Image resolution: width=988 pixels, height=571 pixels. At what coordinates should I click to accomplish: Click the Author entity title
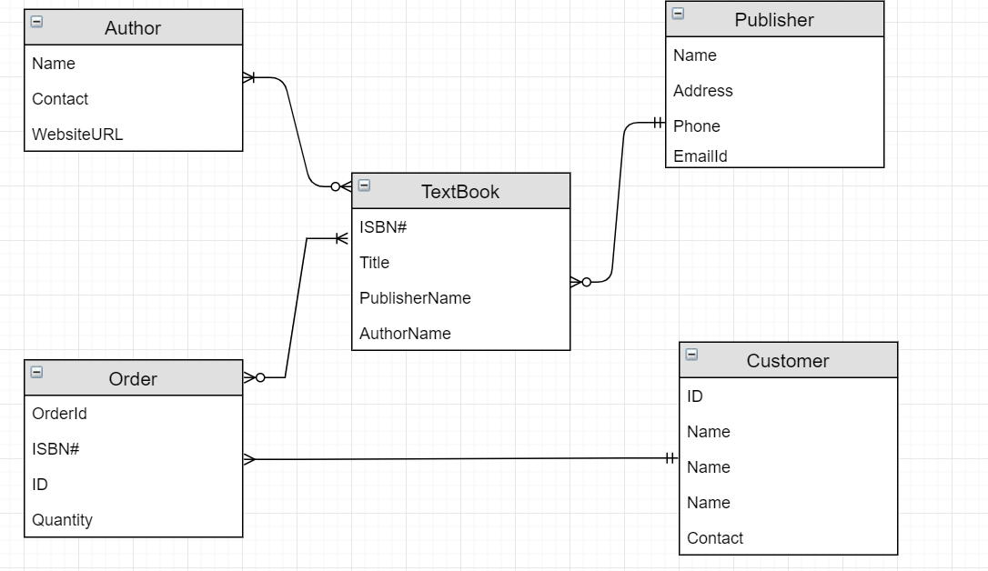click(x=133, y=28)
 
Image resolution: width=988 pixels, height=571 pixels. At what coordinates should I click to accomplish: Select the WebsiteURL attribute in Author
click(x=77, y=135)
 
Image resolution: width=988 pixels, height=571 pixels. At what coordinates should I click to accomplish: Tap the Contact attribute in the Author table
click(x=60, y=99)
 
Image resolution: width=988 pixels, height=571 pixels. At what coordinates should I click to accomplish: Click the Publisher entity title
click(x=774, y=20)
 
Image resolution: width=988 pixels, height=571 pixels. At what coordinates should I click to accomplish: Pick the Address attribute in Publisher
click(x=702, y=91)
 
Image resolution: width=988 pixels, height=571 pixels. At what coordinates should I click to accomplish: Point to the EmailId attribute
click(x=700, y=156)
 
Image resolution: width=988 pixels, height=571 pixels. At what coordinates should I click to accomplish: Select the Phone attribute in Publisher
click(x=696, y=126)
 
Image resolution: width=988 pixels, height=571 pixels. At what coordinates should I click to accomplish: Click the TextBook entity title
click(x=460, y=192)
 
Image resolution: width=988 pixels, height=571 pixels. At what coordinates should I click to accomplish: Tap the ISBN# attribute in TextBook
click(x=382, y=227)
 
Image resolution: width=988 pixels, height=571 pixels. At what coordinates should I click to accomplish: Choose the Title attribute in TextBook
click(x=374, y=263)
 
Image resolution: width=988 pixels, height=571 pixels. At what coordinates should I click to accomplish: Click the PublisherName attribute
click(x=415, y=298)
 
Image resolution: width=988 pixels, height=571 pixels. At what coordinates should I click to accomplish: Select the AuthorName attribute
click(x=405, y=334)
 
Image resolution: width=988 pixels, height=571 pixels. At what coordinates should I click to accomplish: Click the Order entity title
click(x=133, y=379)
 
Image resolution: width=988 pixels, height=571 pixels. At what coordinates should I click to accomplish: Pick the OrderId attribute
click(x=59, y=414)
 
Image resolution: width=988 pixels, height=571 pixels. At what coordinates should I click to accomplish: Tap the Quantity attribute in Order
click(x=62, y=520)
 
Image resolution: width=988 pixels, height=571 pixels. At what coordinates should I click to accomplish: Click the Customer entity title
click(x=788, y=361)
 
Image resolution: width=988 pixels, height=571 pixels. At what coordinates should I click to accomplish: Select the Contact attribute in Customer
click(x=715, y=538)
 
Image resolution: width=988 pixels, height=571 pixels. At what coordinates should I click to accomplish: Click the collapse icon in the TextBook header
click(x=364, y=185)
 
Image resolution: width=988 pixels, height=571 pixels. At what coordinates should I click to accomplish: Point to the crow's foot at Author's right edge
click(x=249, y=78)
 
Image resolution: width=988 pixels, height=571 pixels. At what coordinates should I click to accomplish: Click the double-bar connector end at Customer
click(x=670, y=458)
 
